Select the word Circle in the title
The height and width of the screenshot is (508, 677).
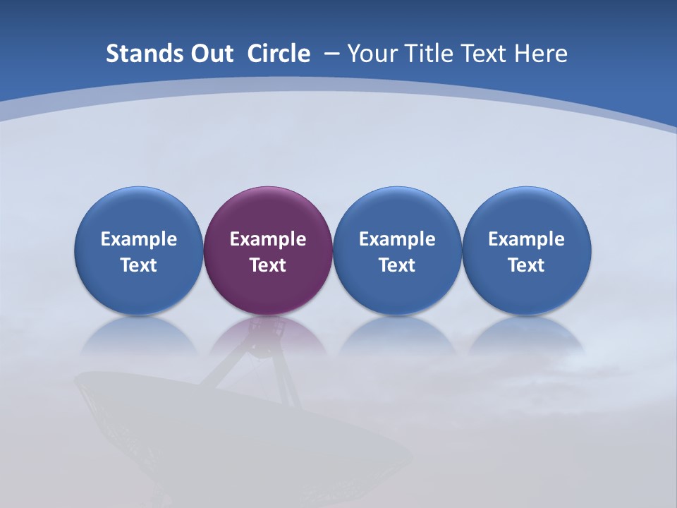[x=279, y=54]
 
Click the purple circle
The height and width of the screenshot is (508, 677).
[x=268, y=212]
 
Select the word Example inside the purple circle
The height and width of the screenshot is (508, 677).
[x=268, y=239]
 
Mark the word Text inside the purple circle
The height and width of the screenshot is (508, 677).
[x=268, y=265]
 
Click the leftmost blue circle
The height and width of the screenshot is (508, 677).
[x=138, y=212]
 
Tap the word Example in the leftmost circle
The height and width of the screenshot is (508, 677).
[x=138, y=239]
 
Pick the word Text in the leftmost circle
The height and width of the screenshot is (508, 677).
[x=138, y=265]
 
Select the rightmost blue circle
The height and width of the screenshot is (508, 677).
[x=527, y=212]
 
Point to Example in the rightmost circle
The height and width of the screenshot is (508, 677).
[x=527, y=239]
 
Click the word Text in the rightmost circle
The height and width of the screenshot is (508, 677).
[x=527, y=265]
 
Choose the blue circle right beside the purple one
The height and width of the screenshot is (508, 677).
[x=397, y=212]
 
